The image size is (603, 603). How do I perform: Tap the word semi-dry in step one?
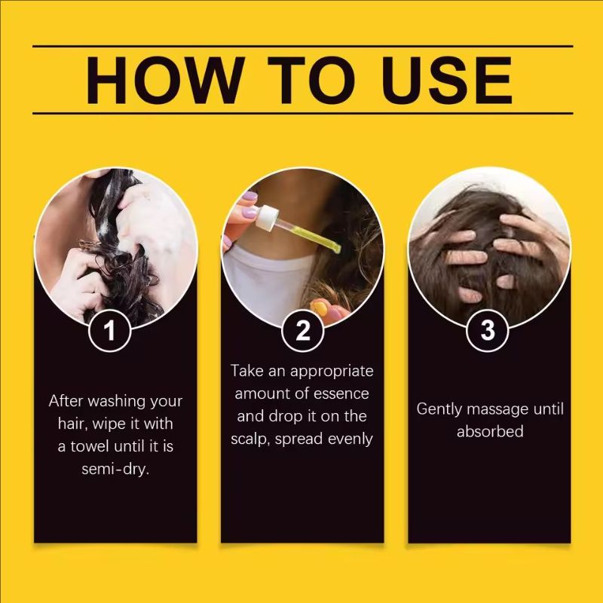tap(115, 469)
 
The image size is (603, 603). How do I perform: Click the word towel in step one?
tap(91, 446)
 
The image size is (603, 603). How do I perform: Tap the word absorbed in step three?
tap(489, 432)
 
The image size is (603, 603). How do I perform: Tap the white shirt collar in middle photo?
tap(264, 279)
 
